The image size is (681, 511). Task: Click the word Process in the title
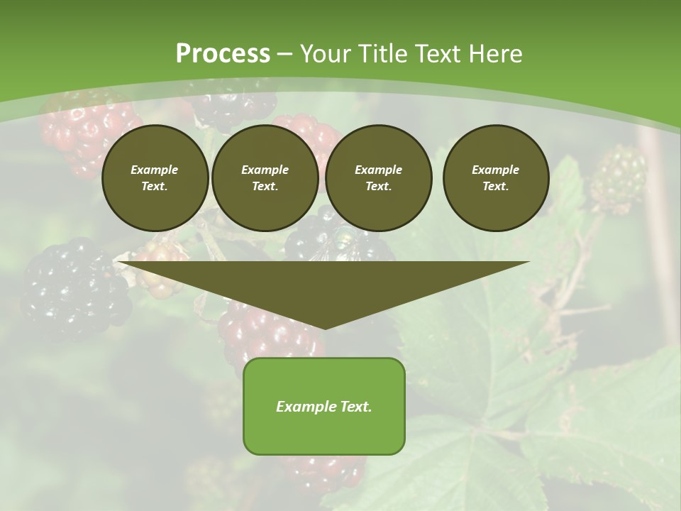pyautogui.click(x=223, y=54)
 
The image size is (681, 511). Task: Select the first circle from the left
pyautogui.click(x=155, y=177)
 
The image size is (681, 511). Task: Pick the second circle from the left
pyautogui.click(x=265, y=177)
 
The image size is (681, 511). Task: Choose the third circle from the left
pyautogui.click(x=378, y=177)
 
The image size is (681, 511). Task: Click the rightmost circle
pyautogui.click(x=495, y=177)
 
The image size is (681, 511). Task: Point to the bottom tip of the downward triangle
pyautogui.click(x=324, y=328)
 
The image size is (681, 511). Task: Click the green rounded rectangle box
pyautogui.click(x=324, y=433)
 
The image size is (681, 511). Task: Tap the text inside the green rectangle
pyautogui.click(x=324, y=407)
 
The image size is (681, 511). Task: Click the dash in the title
pyautogui.click(x=284, y=54)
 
